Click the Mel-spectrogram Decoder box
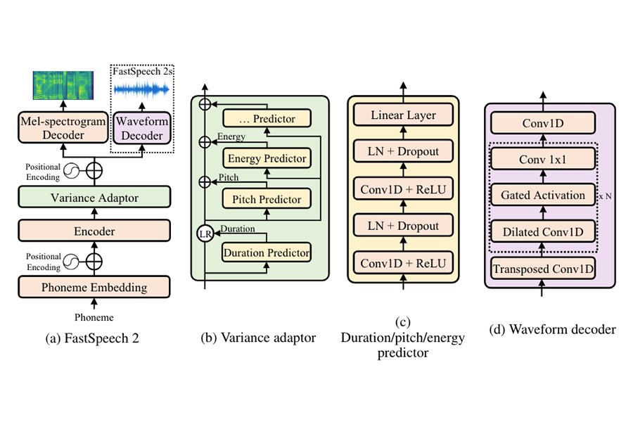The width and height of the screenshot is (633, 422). pyautogui.click(x=63, y=127)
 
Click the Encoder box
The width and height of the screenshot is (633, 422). pyautogui.click(x=94, y=231)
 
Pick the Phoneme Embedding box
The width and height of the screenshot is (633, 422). pyautogui.click(x=94, y=287)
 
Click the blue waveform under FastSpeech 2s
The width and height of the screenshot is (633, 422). pyautogui.click(x=141, y=89)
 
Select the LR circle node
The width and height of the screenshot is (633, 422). pyautogui.click(x=205, y=234)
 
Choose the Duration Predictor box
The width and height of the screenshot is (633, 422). pyautogui.click(x=266, y=252)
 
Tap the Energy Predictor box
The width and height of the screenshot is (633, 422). pyautogui.click(x=266, y=158)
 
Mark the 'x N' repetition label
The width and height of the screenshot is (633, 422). pyautogui.click(x=604, y=198)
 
